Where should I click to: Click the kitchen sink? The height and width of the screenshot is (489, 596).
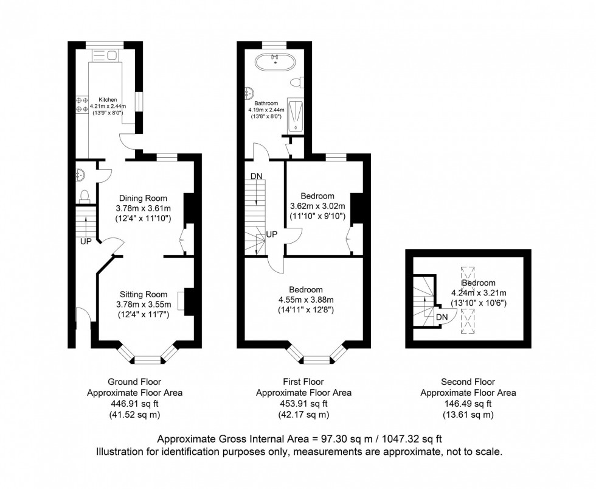[x=105, y=56]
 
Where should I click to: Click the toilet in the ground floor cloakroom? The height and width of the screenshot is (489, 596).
[x=85, y=195]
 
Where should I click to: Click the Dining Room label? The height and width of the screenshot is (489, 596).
[x=143, y=198]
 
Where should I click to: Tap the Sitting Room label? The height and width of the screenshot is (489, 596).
[x=143, y=294]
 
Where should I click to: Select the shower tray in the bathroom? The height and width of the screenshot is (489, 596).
[x=296, y=115]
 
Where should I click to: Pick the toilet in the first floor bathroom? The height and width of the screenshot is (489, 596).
[x=296, y=82]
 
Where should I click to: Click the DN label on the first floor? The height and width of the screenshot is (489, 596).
[x=256, y=176]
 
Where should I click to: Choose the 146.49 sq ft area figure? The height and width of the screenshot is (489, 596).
[x=468, y=404]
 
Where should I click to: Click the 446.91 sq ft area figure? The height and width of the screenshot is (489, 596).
[x=134, y=404]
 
